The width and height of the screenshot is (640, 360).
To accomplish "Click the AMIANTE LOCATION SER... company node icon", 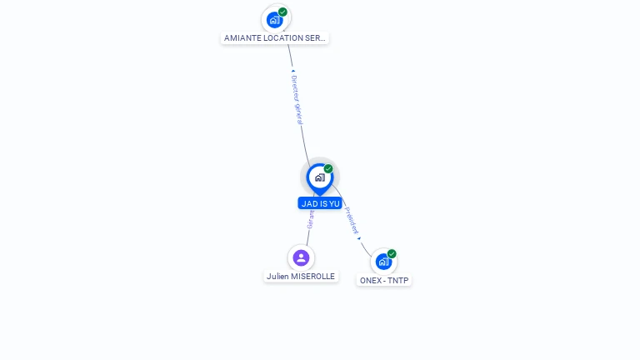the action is click(275, 19).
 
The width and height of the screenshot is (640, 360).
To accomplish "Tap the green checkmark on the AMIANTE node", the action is click(283, 12).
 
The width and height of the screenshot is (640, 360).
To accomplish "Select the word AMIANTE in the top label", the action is click(242, 38).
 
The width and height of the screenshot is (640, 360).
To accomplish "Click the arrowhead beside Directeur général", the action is click(292, 72).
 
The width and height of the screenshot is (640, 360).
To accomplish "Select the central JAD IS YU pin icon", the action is click(319, 177).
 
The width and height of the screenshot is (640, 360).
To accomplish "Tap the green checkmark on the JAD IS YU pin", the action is click(328, 168).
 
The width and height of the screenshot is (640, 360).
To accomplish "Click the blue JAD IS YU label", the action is click(320, 203).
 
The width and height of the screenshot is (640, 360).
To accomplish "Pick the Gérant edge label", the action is click(310, 219).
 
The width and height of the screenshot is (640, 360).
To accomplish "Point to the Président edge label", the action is click(351, 220).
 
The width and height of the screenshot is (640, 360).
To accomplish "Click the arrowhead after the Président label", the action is click(359, 238).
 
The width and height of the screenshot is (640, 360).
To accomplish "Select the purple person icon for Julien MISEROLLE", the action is click(301, 257).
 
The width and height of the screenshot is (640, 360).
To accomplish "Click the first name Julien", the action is click(278, 277).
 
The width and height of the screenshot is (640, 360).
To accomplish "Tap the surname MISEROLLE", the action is click(313, 277).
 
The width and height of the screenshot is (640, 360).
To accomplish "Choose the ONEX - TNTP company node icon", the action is click(383, 262).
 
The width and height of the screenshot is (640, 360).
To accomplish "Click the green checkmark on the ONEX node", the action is click(392, 253).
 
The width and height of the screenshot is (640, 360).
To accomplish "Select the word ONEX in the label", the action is click(370, 281).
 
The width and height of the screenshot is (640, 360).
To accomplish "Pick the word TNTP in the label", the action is click(398, 281).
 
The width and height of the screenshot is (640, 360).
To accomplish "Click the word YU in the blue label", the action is click(334, 203).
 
